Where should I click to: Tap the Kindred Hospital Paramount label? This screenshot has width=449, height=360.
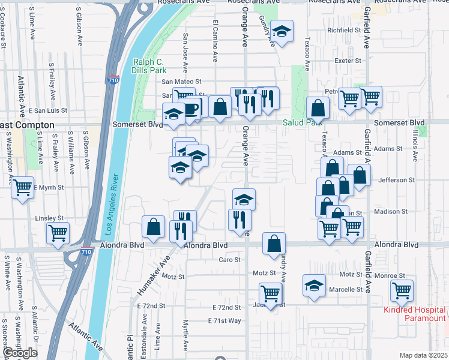coord(415,313)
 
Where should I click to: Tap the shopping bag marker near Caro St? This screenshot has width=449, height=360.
coord(274,243)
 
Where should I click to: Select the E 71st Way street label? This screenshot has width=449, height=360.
coord(224,321)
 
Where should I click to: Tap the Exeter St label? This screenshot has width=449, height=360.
coord(348,61)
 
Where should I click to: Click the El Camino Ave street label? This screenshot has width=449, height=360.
coord(215,41)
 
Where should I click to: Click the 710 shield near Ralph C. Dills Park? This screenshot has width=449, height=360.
coord(114,79)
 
